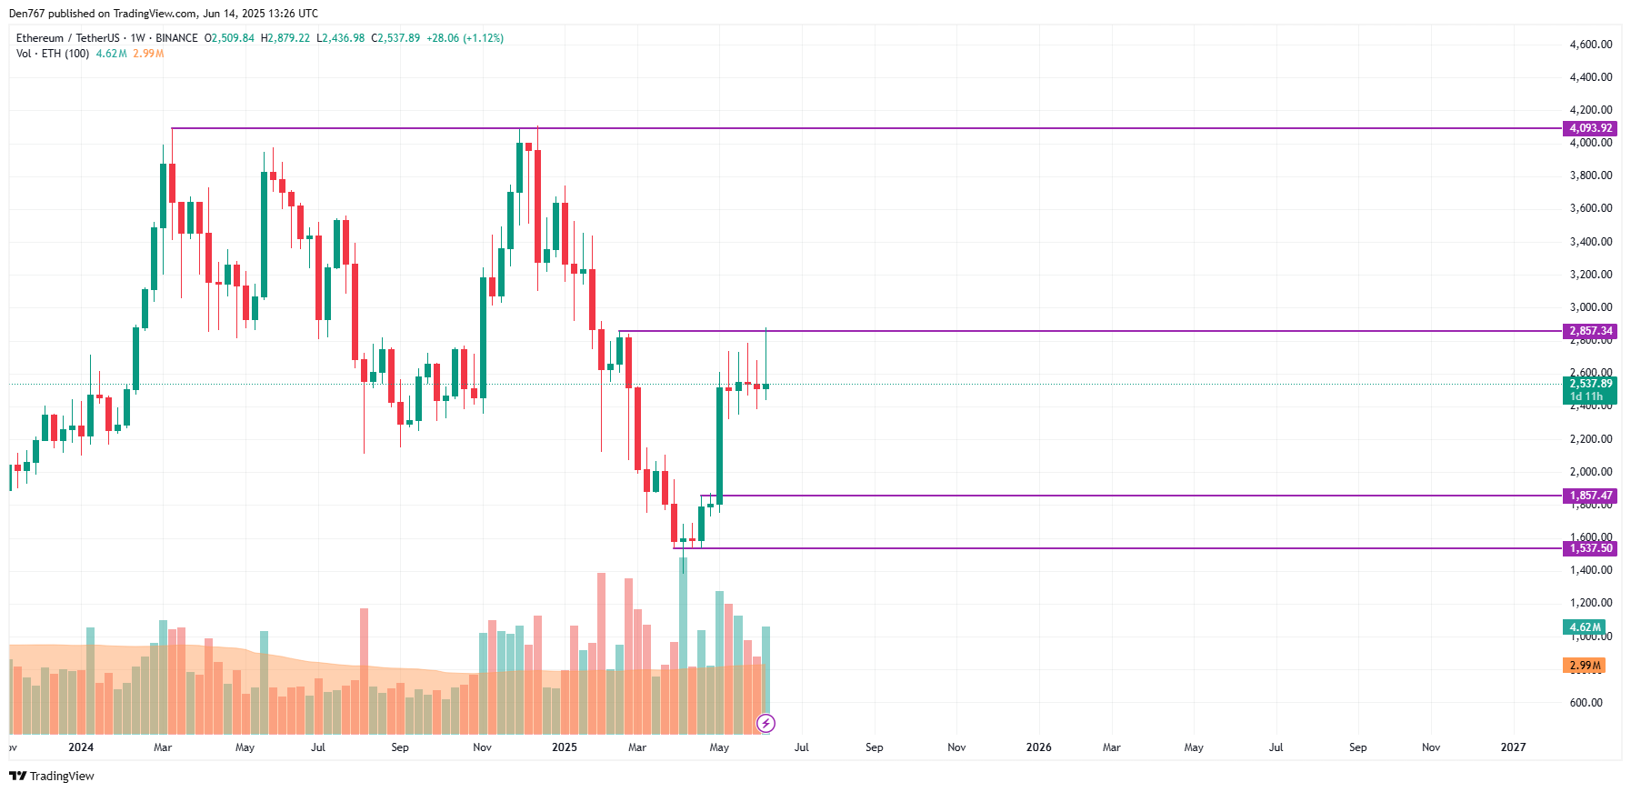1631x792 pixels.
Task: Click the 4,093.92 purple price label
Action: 1590,128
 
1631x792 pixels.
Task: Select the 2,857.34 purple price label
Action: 1590,331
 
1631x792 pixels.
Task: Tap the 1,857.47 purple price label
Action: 1590,496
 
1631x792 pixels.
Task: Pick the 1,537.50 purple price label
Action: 1590,548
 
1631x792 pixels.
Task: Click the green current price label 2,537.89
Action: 1590,384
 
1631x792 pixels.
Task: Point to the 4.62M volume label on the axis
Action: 1585,627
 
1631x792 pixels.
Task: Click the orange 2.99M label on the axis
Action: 1585,666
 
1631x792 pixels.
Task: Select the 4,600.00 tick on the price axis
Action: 1590,44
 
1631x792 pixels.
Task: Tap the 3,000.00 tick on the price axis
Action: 1590,307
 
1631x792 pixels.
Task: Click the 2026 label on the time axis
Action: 1038,747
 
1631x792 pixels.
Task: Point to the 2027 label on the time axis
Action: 1513,747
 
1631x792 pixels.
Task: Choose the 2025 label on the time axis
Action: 564,747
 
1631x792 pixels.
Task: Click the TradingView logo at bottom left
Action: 52,776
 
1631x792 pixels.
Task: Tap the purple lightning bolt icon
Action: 766,723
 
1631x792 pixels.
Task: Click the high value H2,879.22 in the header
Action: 285,38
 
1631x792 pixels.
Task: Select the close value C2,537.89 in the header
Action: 395,38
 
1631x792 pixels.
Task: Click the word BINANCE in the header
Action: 176,38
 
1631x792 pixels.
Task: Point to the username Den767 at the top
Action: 26,14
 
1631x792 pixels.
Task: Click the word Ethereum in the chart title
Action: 40,38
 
